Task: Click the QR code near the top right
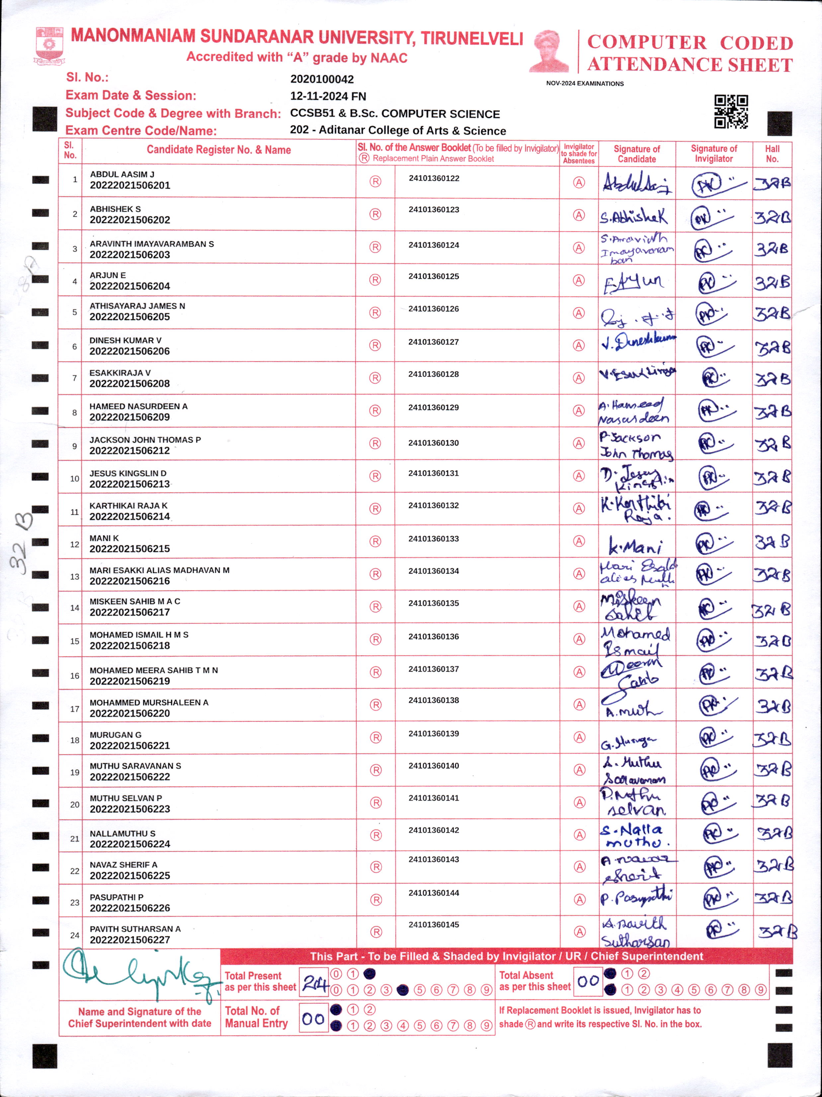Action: pos(731,111)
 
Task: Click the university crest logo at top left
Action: pos(49,46)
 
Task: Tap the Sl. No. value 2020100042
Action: pos(322,79)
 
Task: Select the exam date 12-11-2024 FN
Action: pos(328,96)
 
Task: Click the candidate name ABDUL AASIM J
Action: pos(122,175)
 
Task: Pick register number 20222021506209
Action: pos(129,417)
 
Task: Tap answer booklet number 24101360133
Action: pos(434,539)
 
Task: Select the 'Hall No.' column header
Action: pos(772,154)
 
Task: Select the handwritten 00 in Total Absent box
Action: pos(588,981)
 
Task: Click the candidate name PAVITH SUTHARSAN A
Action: pos(135,928)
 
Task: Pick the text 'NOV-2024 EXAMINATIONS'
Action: pos(585,83)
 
